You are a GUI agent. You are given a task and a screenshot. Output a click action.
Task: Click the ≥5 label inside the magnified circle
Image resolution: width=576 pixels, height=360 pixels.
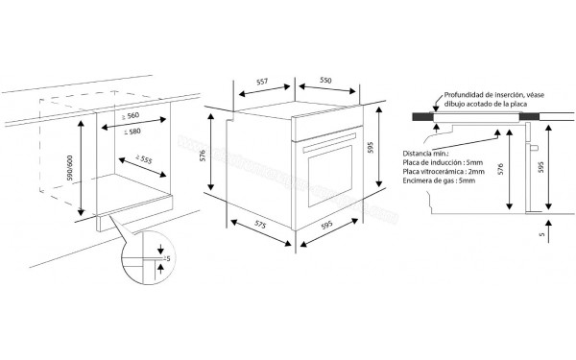tap(165, 259)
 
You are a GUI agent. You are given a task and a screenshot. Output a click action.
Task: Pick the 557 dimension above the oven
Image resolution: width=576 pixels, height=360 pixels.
tap(259, 83)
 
